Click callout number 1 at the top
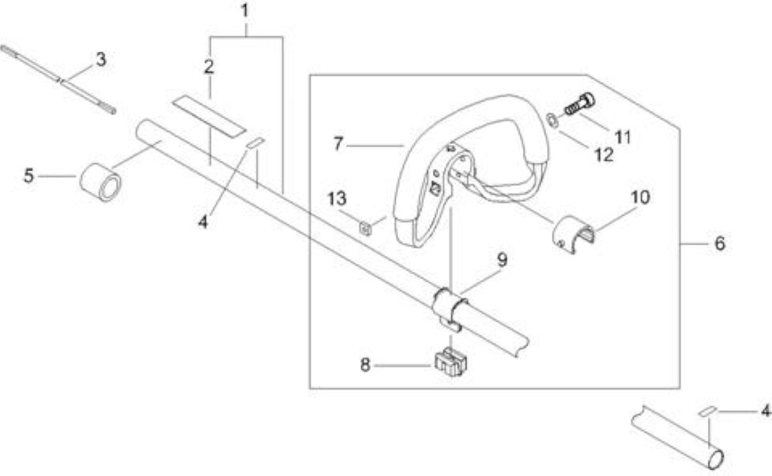(x=245, y=11)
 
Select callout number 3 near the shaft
(x=101, y=60)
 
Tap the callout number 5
(x=29, y=176)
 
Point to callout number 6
(x=720, y=243)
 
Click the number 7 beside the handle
(x=338, y=144)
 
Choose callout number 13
(x=337, y=198)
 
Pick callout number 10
(x=641, y=197)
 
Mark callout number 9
(x=502, y=259)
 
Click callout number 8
(x=365, y=364)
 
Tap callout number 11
(x=623, y=137)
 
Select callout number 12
(x=604, y=155)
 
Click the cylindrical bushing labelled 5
(x=100, y=182)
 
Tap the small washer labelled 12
(x=552, y=120)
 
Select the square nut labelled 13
(x=365, y=229)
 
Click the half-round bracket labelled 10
(x=573, y=235)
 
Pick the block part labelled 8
(x=451, y=361)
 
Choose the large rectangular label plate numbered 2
(x=209, y=117)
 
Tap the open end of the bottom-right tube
(x=716, y=460)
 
